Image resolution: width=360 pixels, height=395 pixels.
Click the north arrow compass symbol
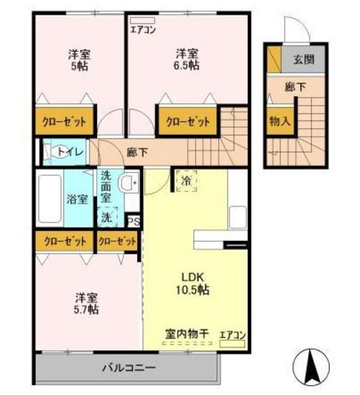click(x=311, y=367)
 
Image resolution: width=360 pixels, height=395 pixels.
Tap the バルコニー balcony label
click(x=129, y=368)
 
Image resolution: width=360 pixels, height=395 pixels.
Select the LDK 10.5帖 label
click(x=192, y=284)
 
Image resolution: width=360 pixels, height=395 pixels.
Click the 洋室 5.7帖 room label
click(x=86, y=304)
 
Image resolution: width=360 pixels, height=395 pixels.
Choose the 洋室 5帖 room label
click(x=80, y=60)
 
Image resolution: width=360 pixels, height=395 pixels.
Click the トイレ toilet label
click(x=70, y=152)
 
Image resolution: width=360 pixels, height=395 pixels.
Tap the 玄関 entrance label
click(x=304, y=60)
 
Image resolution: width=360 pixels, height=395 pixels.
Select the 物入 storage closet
click(x=280, y=121)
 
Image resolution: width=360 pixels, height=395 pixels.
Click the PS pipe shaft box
click(x=133, y=221)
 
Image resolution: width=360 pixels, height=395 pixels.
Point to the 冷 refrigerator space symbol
click(x=186, y=181)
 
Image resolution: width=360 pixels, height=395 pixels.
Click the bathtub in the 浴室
click(x=51, y=199)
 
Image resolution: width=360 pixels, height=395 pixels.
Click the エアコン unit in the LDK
click(x=232, y=344)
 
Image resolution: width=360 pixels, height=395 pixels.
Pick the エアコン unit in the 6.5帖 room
click(x=142, y=20)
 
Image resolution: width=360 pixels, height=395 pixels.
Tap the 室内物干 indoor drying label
click(x=187, y=334)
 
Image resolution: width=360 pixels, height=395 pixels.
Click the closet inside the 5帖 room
click(x=64, y=121)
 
